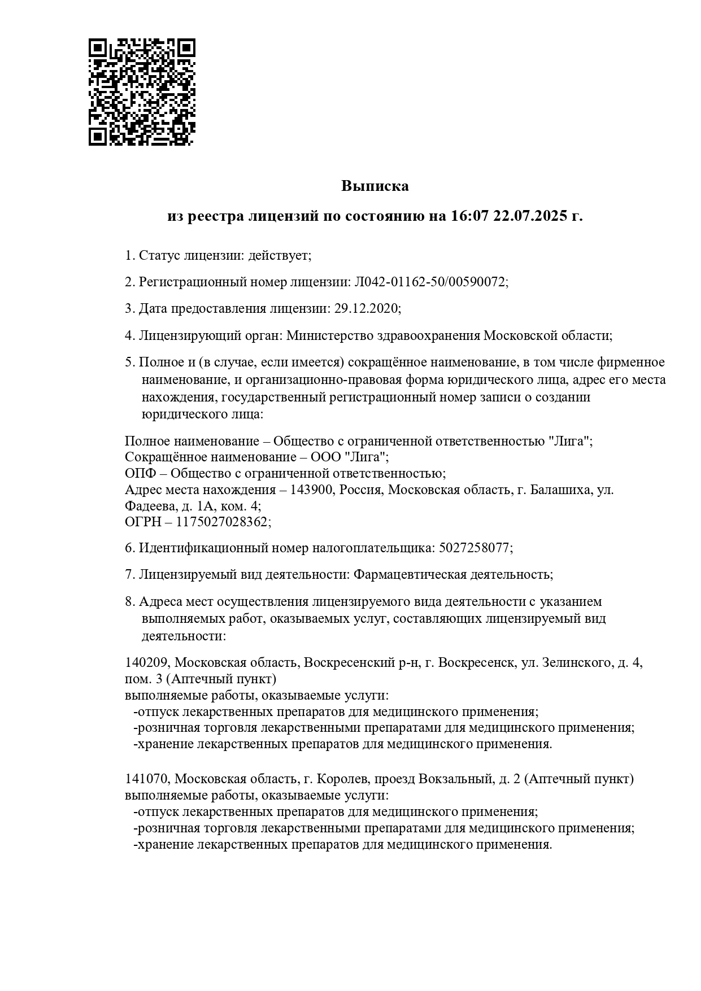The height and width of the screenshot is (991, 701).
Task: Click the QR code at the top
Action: pos(142,92)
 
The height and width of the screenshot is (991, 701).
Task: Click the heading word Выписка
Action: pos(375,186)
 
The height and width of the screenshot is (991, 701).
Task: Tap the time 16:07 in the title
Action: pos(469,216)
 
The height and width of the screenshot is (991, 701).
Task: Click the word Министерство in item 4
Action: pos(329,335)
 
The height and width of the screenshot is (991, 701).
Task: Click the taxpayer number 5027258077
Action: pos(474,548)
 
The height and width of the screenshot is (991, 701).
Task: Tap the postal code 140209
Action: pos(147,662)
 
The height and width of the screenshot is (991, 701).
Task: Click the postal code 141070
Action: pos(147,779)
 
